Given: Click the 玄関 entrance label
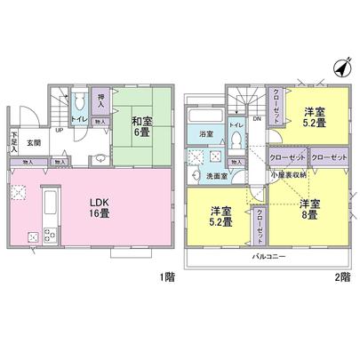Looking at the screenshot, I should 33,141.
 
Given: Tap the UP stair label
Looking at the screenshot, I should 60,129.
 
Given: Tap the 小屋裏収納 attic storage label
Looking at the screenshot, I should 289,176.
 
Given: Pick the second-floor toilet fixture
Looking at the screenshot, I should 236,147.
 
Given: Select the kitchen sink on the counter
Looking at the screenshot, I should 50,204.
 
